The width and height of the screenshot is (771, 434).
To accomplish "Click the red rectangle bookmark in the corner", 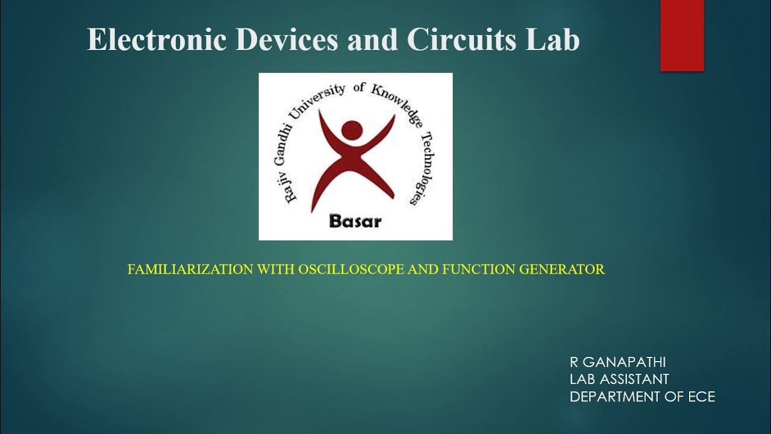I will click(682, 35).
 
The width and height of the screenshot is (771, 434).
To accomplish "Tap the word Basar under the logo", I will click(355, 221).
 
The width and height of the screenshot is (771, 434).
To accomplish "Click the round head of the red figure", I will click(352, 130).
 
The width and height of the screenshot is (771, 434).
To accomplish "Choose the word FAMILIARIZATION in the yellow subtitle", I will click(190, 269).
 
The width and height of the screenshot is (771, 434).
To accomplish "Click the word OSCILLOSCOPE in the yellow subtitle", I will click(352, 269).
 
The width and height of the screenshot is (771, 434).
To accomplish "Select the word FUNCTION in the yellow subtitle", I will click(473, 269).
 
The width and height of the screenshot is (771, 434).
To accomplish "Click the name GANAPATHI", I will click(624, 362).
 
